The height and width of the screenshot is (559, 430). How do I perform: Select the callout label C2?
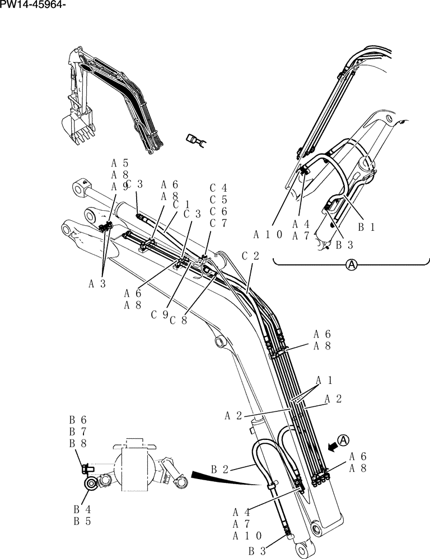pyautogui.click(x=250, y=255)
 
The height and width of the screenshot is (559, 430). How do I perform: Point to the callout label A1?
pyautogui.click(x=325, y=381)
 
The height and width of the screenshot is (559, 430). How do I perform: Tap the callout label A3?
pyautogui.click(x=97, y=283)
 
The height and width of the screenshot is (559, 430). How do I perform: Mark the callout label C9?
pyautogui.click(x=160, y=314)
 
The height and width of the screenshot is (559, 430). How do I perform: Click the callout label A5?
pyautogui.click(x=120, y=163)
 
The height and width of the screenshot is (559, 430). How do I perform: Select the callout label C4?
pyautogui.click(x=218, y=188)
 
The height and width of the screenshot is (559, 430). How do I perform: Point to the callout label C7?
pyautogui.click(x=218, y=223)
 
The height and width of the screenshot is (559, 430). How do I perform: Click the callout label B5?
pyautogui.click(x=78, y=521)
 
